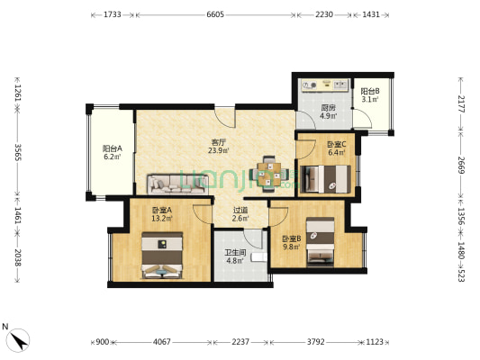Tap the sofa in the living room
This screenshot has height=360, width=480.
[x=177, y=184]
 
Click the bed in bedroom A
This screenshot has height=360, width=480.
[x=162, y=256]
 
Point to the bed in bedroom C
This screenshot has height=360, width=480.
[x=326, y=179]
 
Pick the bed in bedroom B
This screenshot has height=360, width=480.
[x=321, y=240]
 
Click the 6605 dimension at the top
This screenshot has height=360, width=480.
[x=215, y=14]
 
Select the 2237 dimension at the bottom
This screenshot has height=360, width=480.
[x=240, y=342]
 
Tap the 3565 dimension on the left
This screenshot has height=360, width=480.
[x=17, y=152]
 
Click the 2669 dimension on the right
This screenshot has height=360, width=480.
[x=461, y=165]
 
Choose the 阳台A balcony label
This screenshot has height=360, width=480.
[x=113, y=148]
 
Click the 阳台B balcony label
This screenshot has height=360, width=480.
[x=370, y=91]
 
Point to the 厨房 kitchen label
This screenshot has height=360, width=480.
[x=328, y=108]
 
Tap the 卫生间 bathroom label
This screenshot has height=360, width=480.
[x=235, y=253]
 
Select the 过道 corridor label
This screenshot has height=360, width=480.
[x=240, y=211]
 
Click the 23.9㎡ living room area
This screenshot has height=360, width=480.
[x=219, y=150]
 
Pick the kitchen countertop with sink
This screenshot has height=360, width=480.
[x=324, y=85]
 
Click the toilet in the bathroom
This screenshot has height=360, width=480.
[x=259, y=257]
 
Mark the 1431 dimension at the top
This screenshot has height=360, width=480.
[x=371, y=14]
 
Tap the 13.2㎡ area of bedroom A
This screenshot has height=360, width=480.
[x=162, y=219]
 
